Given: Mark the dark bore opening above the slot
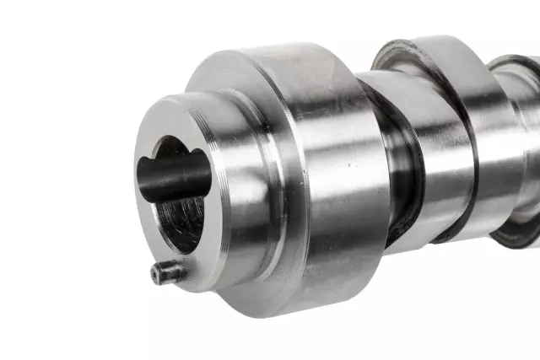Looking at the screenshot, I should pos(173,147).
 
